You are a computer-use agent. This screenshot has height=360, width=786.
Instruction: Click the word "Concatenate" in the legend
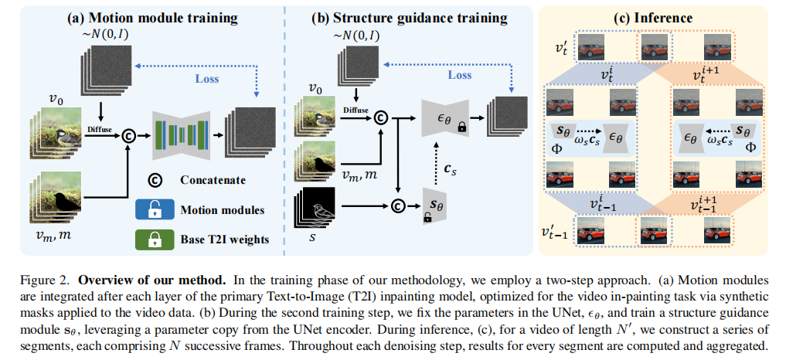click(x=208, y=180)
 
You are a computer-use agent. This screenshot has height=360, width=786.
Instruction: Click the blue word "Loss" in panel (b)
click(x=460, y=75)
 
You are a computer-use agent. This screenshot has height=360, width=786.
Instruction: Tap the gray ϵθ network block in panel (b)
click(x=443, y=118)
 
